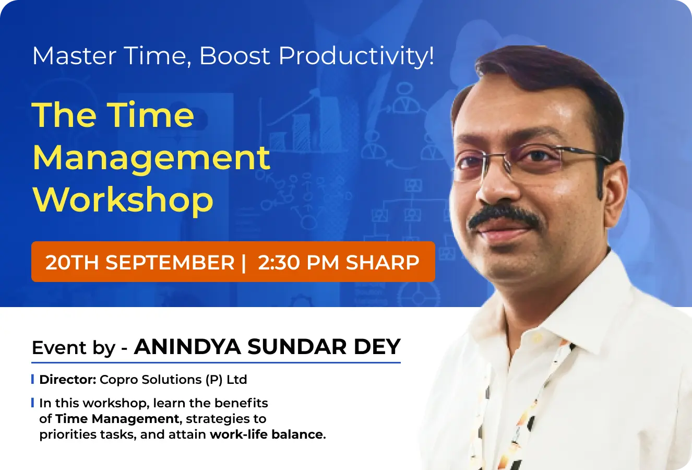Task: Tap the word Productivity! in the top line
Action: (356, 56)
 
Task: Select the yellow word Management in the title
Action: (151, 157)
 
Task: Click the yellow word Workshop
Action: (123, 200)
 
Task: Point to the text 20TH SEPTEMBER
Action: (140, 262)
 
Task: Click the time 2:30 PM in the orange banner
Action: (299, 262)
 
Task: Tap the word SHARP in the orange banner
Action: (383, 262)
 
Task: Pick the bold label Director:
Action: (67, 380)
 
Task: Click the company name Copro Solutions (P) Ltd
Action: (173, 380)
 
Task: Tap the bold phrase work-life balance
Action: (266, 434)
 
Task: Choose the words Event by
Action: (74, 348)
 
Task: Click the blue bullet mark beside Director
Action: (33, 379)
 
